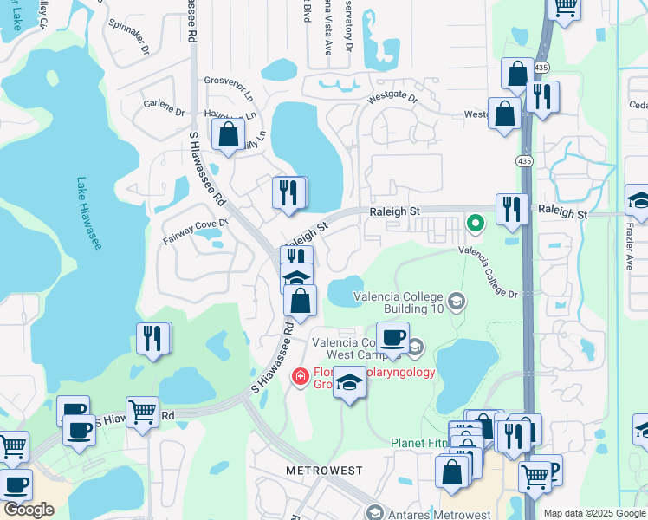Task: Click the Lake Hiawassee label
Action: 88,214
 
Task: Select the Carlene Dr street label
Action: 164,112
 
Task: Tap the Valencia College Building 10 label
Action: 399,302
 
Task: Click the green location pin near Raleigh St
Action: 475,224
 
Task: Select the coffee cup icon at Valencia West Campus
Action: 392,337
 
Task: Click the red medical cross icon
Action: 300,376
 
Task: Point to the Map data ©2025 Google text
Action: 593,513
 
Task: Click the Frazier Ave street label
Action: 629,254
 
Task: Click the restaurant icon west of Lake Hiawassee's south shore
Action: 153,339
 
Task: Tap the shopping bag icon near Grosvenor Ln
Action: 227,135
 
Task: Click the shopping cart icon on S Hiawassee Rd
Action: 142,412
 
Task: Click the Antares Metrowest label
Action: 424,513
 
